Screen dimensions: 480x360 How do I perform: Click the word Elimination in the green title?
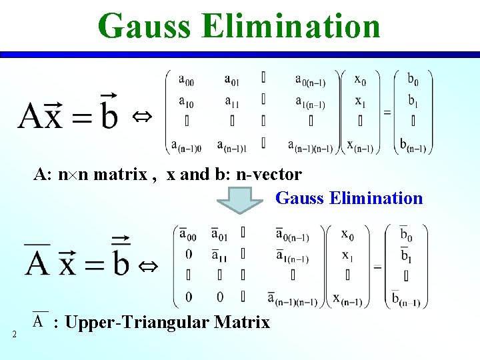point(291,26)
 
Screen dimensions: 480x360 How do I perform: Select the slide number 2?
point(14,334)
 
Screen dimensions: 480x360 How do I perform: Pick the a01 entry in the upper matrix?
point(232,81)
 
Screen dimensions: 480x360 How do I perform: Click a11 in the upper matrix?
point(232,102)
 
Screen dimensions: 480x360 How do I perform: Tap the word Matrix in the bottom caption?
point(245,323)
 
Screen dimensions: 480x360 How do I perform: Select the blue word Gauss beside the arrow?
point(298,198)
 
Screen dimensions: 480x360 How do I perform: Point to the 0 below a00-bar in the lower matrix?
point(189,254)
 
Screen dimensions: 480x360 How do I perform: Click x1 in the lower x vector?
point(347,255)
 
